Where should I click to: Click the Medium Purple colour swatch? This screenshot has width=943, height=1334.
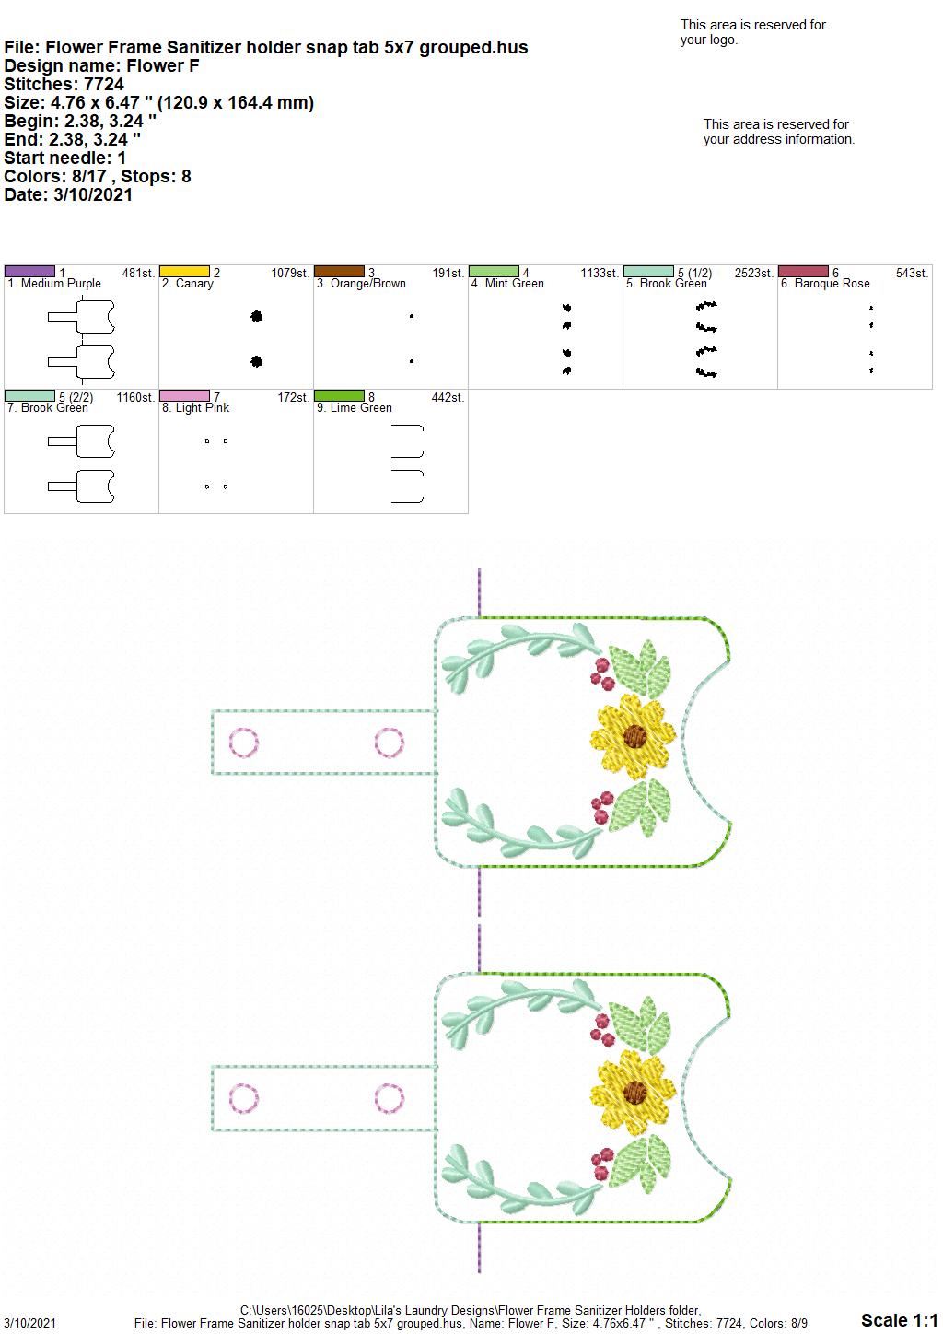coord(29,272)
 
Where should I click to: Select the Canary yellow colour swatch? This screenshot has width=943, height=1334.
coord(184,272)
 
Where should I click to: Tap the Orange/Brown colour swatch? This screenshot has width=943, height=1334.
coord(339,272)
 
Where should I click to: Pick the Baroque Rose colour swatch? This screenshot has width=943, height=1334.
coord(804,272)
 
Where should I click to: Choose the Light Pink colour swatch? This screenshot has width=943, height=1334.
coord(184,396)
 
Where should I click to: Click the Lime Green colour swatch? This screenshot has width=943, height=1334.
coord(339,396)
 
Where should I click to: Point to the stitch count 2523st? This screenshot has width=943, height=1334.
coord(753,273)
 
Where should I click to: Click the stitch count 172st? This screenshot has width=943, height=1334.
coord(294,397)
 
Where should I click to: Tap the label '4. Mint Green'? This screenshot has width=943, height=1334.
coord(507,284)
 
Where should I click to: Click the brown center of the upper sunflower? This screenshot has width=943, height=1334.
coord(634,736)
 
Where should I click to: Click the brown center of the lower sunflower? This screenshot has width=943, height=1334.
coord(634,1093)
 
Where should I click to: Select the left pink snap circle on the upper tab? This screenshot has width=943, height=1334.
coord(243,743)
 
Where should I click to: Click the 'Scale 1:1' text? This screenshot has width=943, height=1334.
coord(900,1319)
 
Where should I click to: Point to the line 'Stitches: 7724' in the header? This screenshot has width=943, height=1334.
coord(64,84)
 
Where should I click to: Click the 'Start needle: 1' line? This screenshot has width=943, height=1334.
coord(64,158)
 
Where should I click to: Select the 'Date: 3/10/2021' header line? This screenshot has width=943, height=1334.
coord(68,194)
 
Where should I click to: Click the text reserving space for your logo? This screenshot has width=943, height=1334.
coord(753,32)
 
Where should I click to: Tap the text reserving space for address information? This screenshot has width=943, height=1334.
coord(779,132)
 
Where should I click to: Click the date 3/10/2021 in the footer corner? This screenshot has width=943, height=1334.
coord(29,1323)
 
